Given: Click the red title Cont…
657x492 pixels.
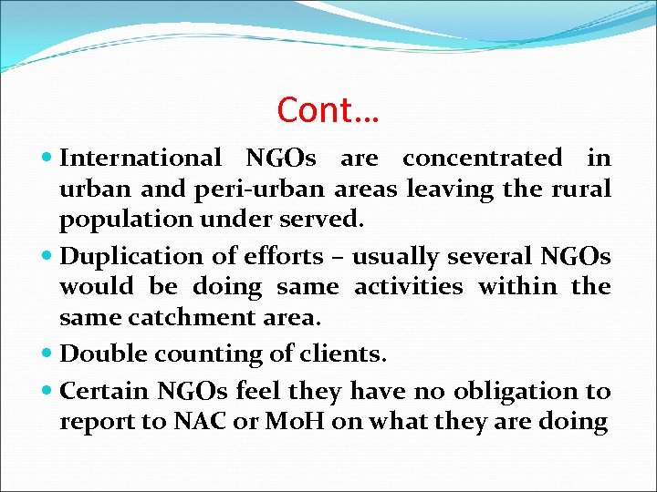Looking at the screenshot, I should click(328, 110).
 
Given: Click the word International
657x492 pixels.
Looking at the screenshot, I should click(140, 159).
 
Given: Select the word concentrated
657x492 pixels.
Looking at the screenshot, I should click(482, 159).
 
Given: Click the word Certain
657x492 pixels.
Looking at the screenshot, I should click(103, 391).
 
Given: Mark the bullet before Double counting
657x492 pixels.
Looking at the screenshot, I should click(47, 353).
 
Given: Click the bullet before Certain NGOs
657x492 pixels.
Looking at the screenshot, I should click(47, 391).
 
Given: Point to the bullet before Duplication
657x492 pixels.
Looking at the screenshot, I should click(47, 256).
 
